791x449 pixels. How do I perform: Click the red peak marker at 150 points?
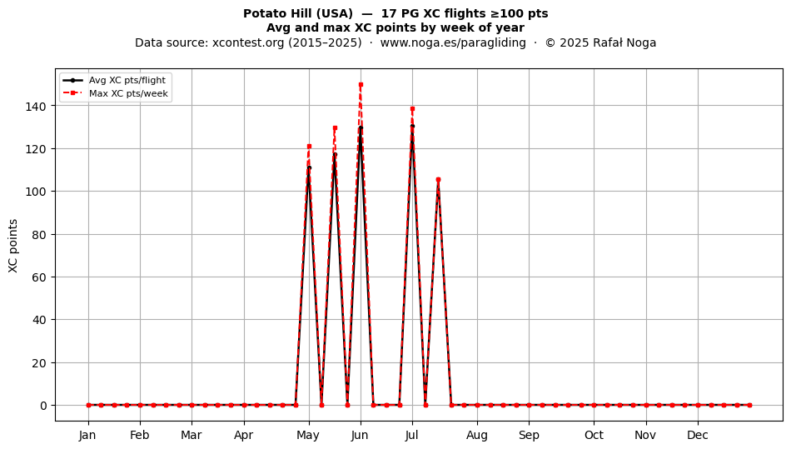(361, 85)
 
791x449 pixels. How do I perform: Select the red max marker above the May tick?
(309, 147)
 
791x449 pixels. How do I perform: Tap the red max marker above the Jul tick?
(413, 108)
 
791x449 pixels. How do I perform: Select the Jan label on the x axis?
(87, 435)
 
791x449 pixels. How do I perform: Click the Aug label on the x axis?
(477, 435)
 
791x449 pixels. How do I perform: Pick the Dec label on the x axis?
(698, 435)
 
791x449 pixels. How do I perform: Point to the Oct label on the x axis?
(594, 435)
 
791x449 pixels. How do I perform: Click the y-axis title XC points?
(13, 247)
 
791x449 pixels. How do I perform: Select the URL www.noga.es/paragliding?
(453, 42)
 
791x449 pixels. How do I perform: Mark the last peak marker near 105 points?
(438, 180)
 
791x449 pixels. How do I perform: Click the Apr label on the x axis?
(244, 435)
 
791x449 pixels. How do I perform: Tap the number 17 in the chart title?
(387, 13)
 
